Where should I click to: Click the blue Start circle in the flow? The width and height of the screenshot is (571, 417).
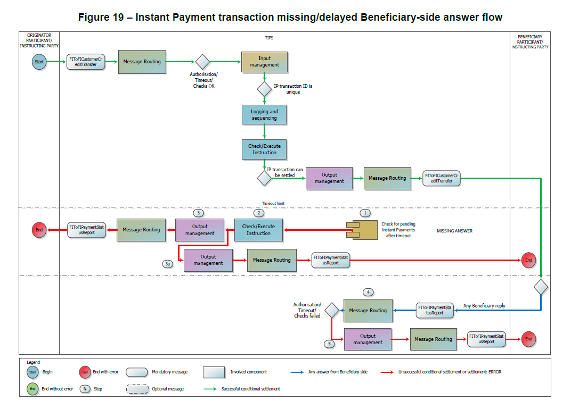pyautogui.click(x=39, y=62)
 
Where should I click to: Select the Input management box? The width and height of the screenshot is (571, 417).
pyautogui.click(x=264, y=62)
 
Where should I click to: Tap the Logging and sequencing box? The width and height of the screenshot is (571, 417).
pyautogui.click(x=264, y=115)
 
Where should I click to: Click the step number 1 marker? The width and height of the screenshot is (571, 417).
pyautogui.click(x=365, y=213)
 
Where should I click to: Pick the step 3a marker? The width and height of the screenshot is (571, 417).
pyautogui.click(x=168, y=263)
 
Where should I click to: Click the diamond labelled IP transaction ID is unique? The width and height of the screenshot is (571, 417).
pyautogui.click(x=265, y=88)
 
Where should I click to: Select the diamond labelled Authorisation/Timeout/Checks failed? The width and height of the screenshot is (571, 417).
pyautogui.click(x=332, y=310)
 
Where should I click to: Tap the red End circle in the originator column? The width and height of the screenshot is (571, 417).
pyautogui.click(x=38, y=230)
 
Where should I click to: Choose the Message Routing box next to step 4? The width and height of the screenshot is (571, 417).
pyautogui.click(x=368, y=311)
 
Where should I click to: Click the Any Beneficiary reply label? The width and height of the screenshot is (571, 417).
pyautogui.click(x=484, y=306)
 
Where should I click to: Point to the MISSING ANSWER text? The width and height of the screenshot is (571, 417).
pyautogui.click(x=454, y=231)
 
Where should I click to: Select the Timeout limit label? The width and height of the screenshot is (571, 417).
pyautogui.click(x=273, y=203)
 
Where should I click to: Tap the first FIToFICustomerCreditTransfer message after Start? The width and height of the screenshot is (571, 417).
pyautogui.click(x=85, y=62)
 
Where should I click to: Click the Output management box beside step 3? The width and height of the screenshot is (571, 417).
pyautogui.click(x=200, y=230)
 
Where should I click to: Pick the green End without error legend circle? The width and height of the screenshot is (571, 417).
pyautogui.click(x=32, y=389)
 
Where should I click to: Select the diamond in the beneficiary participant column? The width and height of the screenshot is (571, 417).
pyautogui.click(x=541, y=287)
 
